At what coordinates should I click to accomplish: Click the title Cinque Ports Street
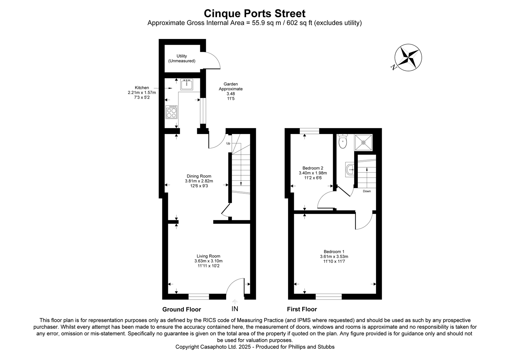(254, 14)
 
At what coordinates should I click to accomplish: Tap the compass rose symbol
(408, 57)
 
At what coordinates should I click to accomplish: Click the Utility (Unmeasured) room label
(182, 59)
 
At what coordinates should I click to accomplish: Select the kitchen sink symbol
(187, 85)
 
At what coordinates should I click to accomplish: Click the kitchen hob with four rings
(172, 112)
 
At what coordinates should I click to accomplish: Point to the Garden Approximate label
(231, 87)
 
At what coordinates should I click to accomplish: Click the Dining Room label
(199, 176)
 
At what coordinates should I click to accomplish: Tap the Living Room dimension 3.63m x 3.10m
(208, 261)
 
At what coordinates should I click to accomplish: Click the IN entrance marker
(235, 309)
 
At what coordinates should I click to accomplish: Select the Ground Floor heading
(182, 309)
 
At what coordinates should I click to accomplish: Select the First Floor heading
(302, 309)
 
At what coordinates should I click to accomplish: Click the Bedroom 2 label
(313, 168)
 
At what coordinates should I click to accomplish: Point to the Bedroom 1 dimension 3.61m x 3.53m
(334, 257)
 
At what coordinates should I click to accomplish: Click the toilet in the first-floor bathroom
(342, 142)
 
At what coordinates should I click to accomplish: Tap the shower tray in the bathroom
(363, 142)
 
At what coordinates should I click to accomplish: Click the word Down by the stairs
(367, 191)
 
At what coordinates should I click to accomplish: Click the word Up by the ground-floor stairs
(228, 144)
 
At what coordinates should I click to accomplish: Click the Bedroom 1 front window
(328, 296)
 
